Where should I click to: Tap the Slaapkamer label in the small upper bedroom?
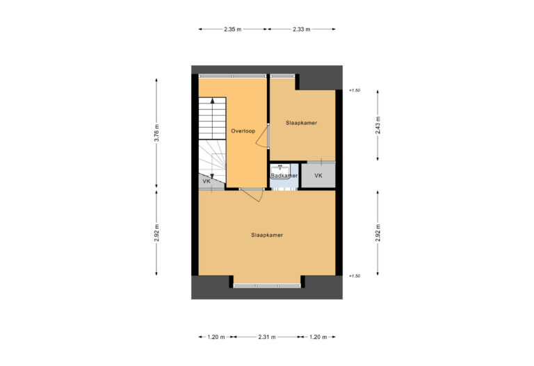[301, 123]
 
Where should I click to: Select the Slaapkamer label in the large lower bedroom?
[267, 235]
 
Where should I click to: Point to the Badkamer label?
[284, 176]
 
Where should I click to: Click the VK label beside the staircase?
[206, 181]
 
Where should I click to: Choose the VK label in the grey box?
[318, 176]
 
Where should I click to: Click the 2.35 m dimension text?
[233, 29]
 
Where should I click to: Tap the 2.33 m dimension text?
[301, 29]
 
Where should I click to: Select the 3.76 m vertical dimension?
[157, 131]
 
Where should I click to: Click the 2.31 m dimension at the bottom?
[267, 337]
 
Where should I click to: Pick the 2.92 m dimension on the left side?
[157, 233]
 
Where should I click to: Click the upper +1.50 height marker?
[355, 90]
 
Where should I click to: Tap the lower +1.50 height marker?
[355, 276]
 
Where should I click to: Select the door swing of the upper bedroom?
[262, 138]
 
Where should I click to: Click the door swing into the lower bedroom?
[252, 195]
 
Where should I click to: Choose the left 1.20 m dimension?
[216, 337]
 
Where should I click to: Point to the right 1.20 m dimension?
[318, 337]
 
